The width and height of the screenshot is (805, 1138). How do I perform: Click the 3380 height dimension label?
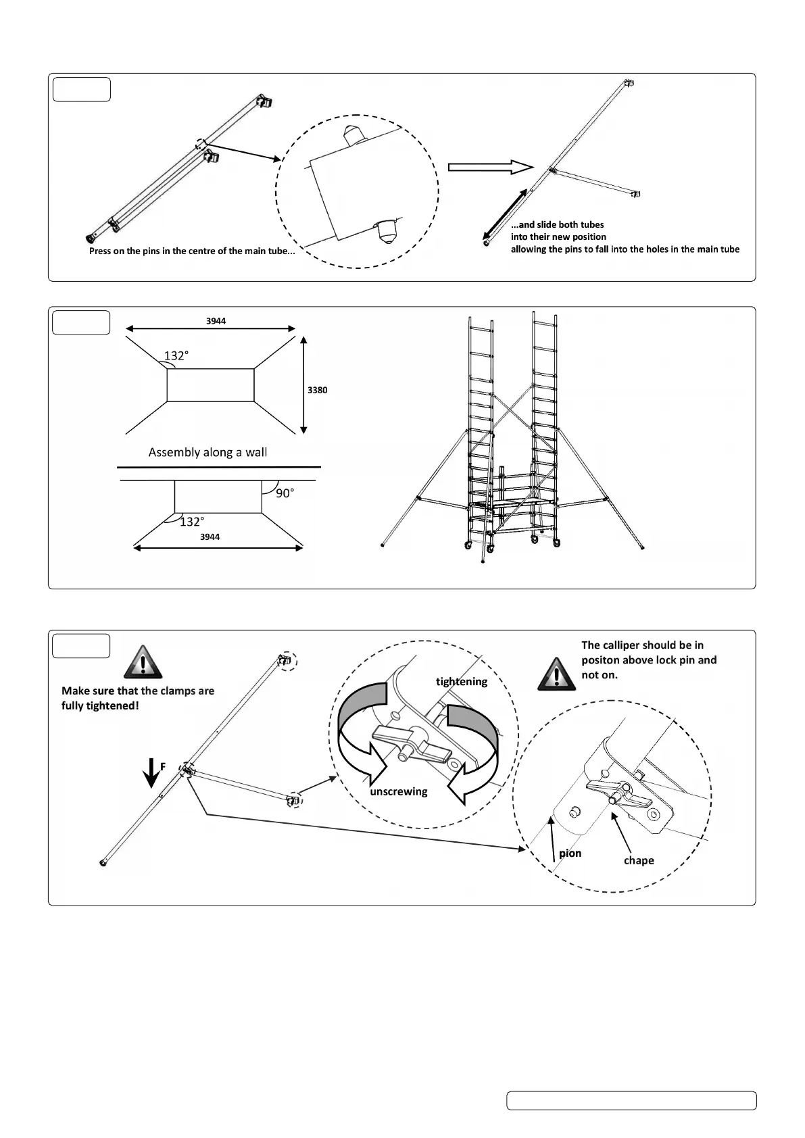(317, 390)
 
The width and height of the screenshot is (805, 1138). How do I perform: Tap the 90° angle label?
(285, 493)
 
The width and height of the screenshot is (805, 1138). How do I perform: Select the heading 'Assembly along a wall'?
(208, 452)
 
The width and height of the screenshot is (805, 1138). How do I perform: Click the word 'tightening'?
(462, 681)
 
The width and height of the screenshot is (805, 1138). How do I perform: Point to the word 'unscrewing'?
(399, 791)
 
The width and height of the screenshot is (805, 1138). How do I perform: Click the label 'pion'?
(570, 853)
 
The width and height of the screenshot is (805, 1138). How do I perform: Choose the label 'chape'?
(639, 860)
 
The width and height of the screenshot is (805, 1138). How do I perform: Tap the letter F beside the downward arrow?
(163, 766)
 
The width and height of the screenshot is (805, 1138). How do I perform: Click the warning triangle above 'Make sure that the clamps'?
(143, 662)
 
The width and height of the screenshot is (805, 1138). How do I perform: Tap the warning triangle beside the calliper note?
(556, 674)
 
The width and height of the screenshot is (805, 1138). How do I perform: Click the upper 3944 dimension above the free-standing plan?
(216, 321)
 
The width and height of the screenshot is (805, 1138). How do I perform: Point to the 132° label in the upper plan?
(176, 356)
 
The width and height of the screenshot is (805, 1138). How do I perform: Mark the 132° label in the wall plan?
(191, 522)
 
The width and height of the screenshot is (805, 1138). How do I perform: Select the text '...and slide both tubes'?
(558, 224)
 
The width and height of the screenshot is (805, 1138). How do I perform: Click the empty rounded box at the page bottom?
(631, 1100)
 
